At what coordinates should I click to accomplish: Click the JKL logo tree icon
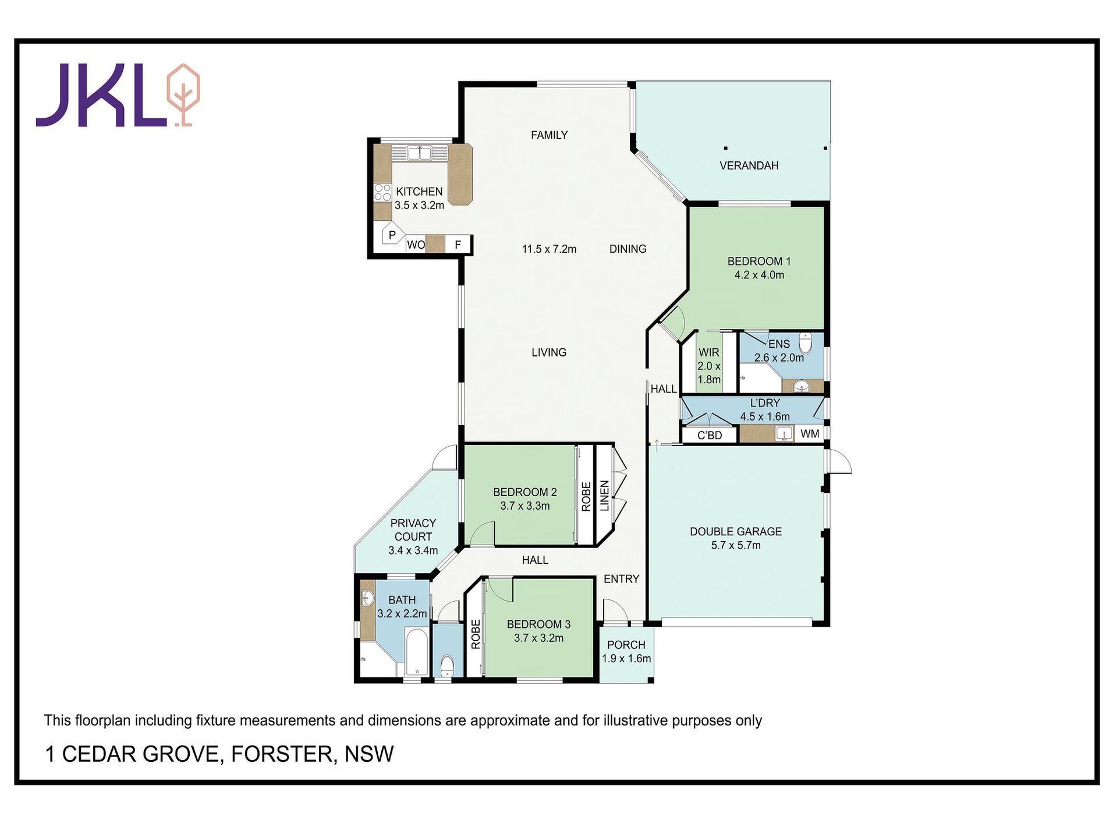183,95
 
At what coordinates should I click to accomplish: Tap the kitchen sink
419,153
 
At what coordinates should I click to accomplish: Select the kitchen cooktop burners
382,193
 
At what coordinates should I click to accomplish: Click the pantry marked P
392,235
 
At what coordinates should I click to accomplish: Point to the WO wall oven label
416,245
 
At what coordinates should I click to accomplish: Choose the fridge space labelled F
458,245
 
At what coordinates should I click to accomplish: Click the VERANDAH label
749,166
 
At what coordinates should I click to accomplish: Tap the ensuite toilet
805,342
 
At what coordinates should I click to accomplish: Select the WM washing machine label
810,434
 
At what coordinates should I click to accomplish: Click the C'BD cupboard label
710,435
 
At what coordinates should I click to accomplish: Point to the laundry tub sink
784,433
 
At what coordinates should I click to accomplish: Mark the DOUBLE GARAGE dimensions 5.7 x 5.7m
736,546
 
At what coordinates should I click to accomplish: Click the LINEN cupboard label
605,496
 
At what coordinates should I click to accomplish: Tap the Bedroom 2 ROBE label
586,496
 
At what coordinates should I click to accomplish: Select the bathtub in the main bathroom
416,652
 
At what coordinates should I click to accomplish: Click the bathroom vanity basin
367,598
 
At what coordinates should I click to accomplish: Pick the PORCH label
626,645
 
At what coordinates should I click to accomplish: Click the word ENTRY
621,579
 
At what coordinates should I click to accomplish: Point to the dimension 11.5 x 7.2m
549,249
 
